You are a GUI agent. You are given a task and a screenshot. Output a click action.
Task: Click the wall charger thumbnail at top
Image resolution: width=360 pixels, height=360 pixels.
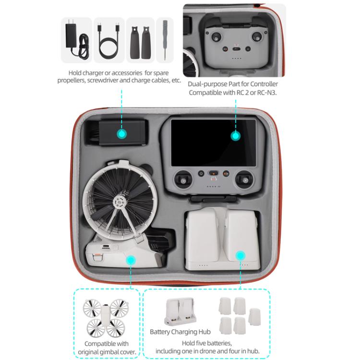76,41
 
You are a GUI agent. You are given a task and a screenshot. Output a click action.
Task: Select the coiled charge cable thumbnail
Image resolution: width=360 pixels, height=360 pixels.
109,41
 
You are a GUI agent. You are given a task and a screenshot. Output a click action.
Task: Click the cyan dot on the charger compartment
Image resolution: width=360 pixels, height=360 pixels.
122,133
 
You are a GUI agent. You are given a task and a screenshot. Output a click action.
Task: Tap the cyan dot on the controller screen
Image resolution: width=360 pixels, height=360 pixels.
235,136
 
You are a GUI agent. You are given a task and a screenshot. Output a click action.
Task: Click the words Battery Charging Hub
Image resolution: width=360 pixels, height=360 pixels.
180,332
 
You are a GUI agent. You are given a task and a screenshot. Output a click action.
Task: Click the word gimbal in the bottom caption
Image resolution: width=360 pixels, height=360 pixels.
115,351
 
